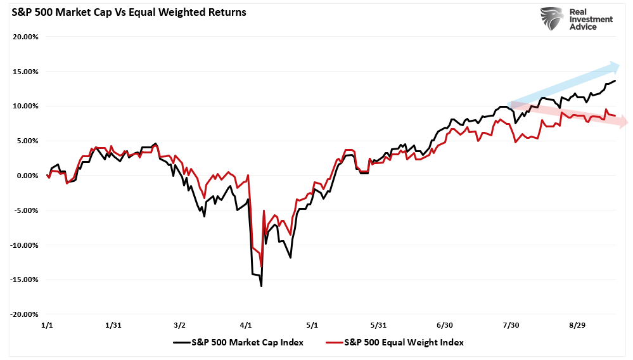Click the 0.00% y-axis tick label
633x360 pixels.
(25, 176)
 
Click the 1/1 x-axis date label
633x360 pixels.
(48, 325)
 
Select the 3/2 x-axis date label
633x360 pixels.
(179, 325)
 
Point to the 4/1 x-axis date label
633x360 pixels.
(246, 325)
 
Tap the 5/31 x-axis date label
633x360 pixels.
(378, 325)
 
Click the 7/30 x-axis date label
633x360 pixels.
(510, 325)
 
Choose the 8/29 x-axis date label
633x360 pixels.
(576, 325)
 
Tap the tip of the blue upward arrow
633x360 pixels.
(618, 65)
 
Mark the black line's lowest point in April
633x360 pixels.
(261, 286)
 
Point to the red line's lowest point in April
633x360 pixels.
(261, 267)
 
